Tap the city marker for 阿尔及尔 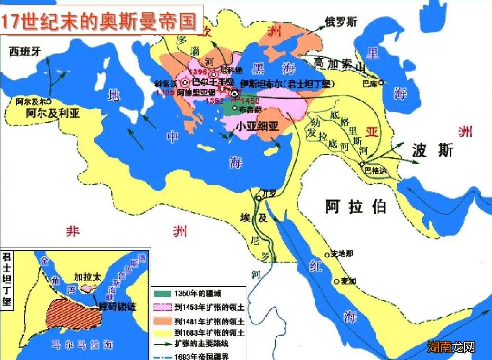tap(49, 101)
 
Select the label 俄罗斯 tap(341, 22)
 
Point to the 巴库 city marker tap(381, 83)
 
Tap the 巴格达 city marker tap(362, 164)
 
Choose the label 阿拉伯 tap(355, 206)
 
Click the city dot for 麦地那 tap(326, 255)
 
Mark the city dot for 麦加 tap(337, 281)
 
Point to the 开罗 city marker tap(259, 198)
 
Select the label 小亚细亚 tap(257, 126)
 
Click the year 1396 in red tap(198, 72)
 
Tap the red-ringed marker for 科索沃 tap(186, 83)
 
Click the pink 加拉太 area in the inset tap(89, 286)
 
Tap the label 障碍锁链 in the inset tap(116, 306)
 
